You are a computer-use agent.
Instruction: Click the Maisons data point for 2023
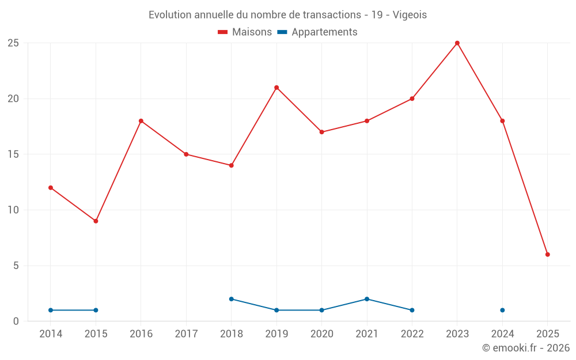pyautogui.click(x=457, y=43)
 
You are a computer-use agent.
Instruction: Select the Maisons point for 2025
pyautogui.click(x=548, y=255)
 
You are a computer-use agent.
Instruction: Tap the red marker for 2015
pyautogui.click(x=96, y=221)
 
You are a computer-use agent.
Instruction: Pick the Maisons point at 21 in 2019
pyautogui.click(x=276, y=88)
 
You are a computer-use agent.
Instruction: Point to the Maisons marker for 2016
pyautogui.click(x=141, y=121)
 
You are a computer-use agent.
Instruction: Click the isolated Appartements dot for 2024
pyautogui.click(x=502, y=310)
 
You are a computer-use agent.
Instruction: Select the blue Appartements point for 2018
pyautogui.click(x=232, y=299)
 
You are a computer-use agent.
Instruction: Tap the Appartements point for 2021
pyautogui.click(x=367, y=299)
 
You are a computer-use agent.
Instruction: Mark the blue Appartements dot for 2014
pyautogui.click(x=51, y=310)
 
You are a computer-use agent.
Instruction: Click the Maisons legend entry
pyautogui.click(x=245, y=32)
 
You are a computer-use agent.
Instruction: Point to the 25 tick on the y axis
pyautogui.click(x=13, y=43)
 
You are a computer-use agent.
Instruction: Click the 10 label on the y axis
pyautogui.click(x=13, y=210)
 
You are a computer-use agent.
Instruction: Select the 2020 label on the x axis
pyautogui.click(x=321, y=334)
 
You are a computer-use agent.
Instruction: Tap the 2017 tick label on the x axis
pyautogui.click(x=186, y=334)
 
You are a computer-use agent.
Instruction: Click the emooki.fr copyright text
pyautogui.click(x=526, y=348)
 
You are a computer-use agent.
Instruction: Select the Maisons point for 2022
pyautogui.click(x=412, y=98)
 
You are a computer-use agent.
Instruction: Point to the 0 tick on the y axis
pyautogui.click(x=16, y=321)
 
